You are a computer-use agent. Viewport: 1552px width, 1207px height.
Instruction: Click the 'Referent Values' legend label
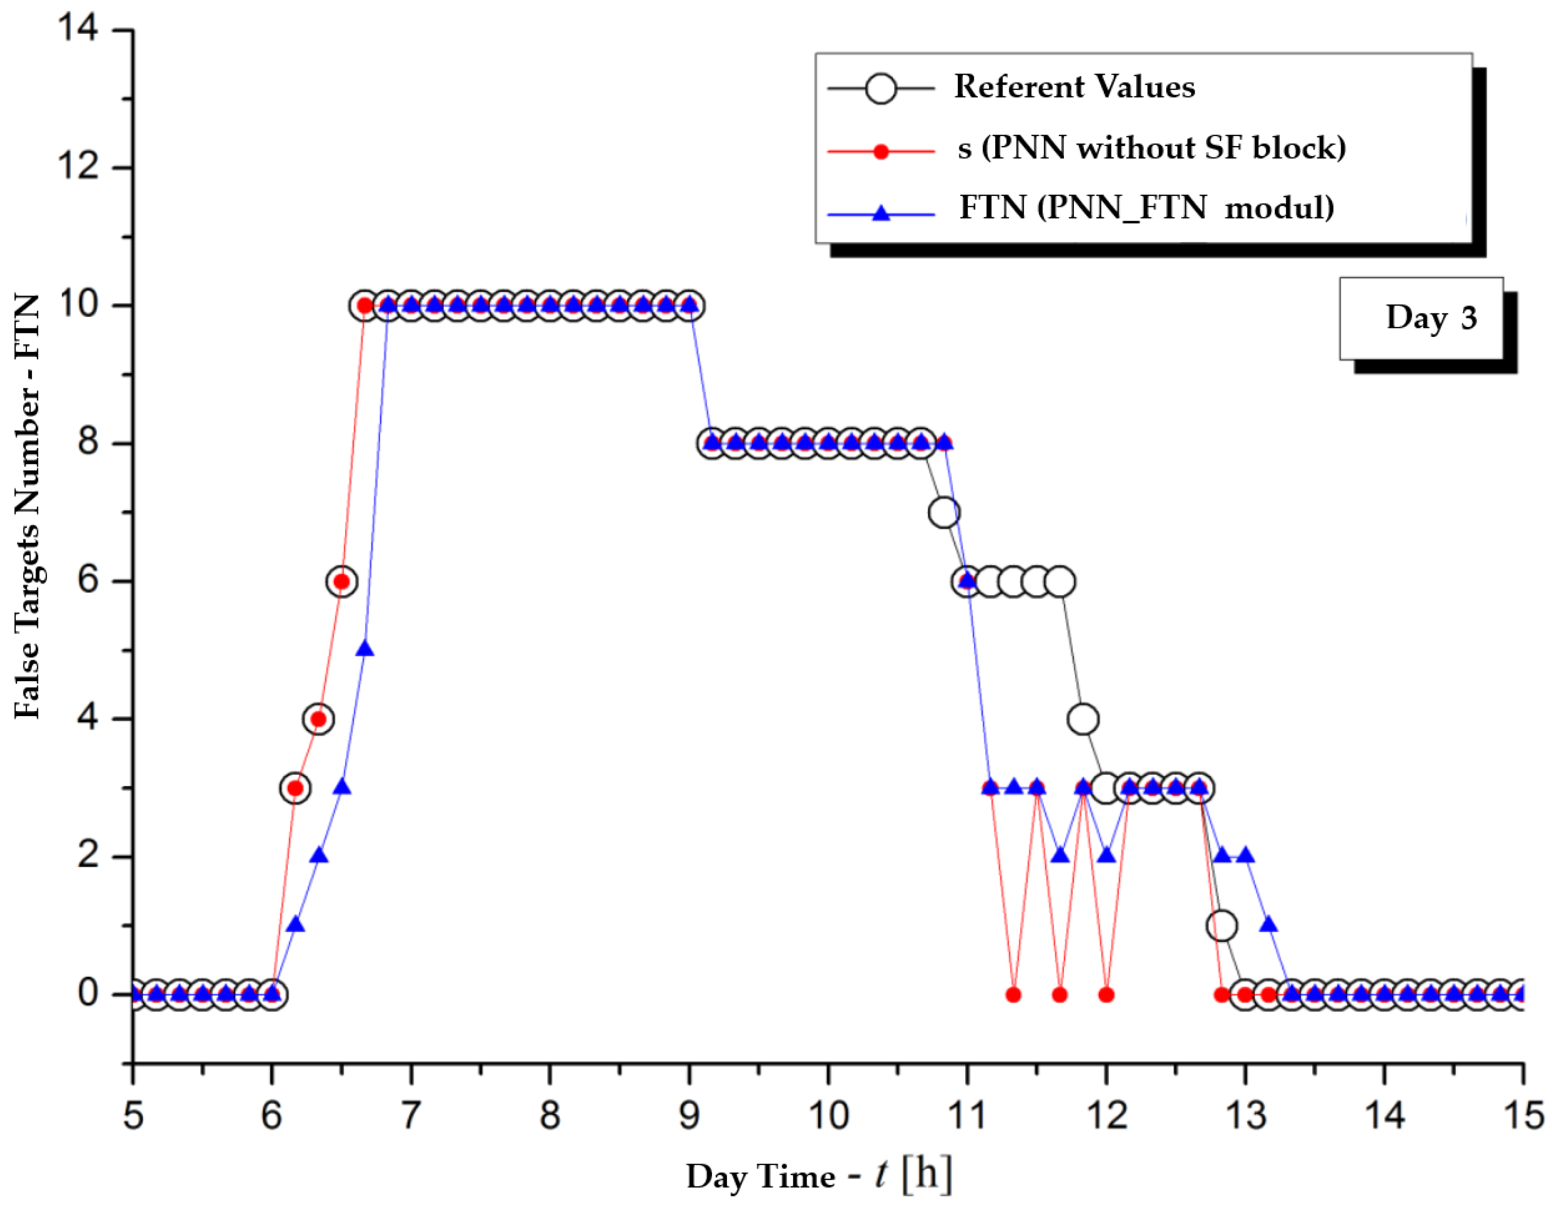[x=1074, y=87]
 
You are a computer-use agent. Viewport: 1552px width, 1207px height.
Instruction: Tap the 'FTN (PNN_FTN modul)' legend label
[x=1146, y=207]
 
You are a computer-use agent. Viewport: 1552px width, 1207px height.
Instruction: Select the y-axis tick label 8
[x=88, y=442]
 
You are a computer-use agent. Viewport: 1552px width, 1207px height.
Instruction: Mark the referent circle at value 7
[x=944, y=512]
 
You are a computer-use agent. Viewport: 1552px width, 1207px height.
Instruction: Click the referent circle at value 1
[x=1221, y=925]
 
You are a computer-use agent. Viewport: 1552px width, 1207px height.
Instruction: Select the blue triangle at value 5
[x=364, y=649]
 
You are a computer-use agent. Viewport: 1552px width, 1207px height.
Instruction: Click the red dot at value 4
[x=319, y=720]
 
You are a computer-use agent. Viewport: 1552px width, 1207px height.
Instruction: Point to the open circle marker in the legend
[x=881, y=89]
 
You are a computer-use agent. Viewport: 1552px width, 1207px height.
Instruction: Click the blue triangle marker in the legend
[x=881, y=213]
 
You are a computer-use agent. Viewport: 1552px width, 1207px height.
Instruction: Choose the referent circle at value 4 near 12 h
[x=1082, y=720]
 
